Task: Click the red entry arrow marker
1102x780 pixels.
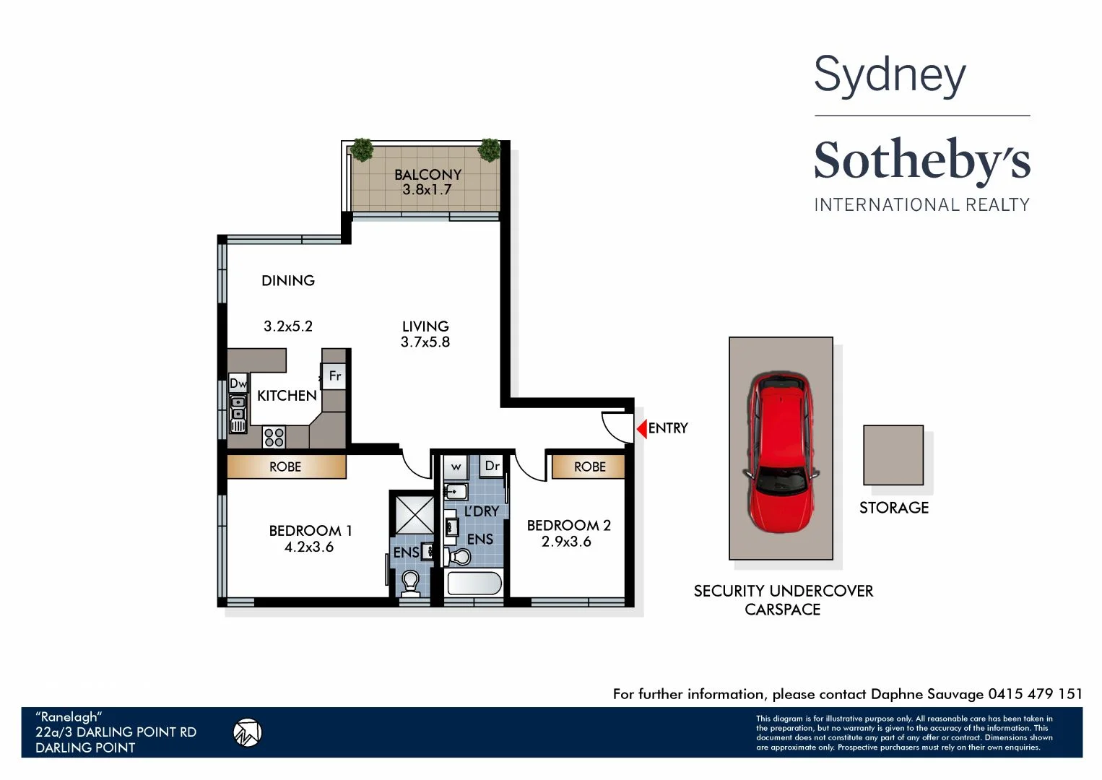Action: pos(641,429)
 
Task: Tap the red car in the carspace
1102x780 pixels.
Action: pos(781,451)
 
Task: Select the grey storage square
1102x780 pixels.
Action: pos(893,455)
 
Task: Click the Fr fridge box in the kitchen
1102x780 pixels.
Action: pos(334,376)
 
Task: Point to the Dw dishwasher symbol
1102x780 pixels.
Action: pos(238,383)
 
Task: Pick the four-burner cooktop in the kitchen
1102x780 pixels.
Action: pos(274,437)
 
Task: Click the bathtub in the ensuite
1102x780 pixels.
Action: pos(474,584)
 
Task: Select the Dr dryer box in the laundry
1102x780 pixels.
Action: pos(492,467)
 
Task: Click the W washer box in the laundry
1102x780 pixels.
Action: pos(456,467)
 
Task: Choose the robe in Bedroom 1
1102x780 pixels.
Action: pos(286,467)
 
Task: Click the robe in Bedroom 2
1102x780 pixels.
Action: pos(589,467)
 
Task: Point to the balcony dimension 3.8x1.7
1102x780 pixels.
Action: pos(427,190)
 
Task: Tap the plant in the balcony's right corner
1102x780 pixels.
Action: pos(490,149)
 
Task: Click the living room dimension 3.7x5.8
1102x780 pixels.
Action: pos(425,342)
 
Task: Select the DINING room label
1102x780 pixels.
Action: pos(288,281)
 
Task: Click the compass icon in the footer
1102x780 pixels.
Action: pos(247,732)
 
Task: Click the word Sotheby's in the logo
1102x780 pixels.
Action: pos(922,160)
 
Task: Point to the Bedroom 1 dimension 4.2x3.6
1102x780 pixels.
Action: pos(309,547)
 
